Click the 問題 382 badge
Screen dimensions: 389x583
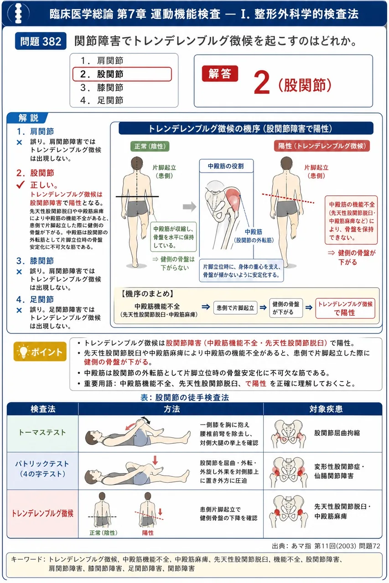click(x=41, y=41)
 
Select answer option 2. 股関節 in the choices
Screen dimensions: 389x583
click(x=122, y=74)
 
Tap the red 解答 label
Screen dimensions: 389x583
click(x=220, y=74)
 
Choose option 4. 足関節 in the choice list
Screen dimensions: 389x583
click(x=102, y=100)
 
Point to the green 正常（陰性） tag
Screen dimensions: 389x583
click(x=150, y=146)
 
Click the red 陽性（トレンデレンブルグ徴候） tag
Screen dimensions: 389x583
click(x=322, y=146)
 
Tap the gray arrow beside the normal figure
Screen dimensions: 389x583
click(x=189, y=207)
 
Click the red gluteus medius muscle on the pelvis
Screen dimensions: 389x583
click(x=233, y=198)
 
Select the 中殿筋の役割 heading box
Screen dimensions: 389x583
click(x=226, y=166)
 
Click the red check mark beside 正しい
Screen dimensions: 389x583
click(x=21, y=184)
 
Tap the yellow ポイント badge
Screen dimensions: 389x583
click(x=40, y=351)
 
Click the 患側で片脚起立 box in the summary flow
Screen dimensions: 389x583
click(x=235, y=308)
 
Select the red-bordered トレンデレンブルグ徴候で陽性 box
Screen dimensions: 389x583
click(x=345, y=308)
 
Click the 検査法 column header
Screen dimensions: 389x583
click(x=43, y=409)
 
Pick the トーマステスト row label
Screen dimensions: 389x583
click(x=42, y=432)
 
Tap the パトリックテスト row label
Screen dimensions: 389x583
click(x=42, y=469)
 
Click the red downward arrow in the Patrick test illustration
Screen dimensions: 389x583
click(x=156, y=460)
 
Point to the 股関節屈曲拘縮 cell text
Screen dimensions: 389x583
click(x=337, y=433)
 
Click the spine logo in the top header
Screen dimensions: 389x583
click(x=19, y=13)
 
